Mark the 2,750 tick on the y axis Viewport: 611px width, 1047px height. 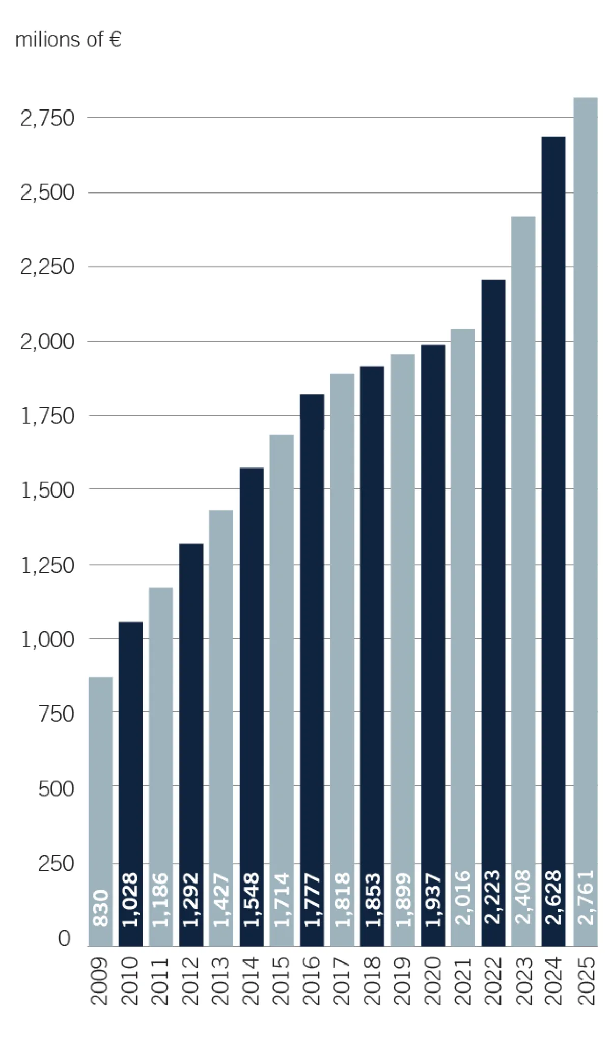pyautogui.click(x=47, y=118)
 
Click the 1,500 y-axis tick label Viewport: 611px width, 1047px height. pyautogui.click(x=47, y=490)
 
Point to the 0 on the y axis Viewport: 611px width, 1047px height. pyautogui.click(x=64, y=938)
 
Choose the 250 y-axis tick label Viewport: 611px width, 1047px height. pyautogui.click(x=56, y=864)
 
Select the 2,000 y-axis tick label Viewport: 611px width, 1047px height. pyautogui.click(x=47, y=342)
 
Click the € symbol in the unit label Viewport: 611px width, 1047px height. pyautogui.click(x=115, y=39)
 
